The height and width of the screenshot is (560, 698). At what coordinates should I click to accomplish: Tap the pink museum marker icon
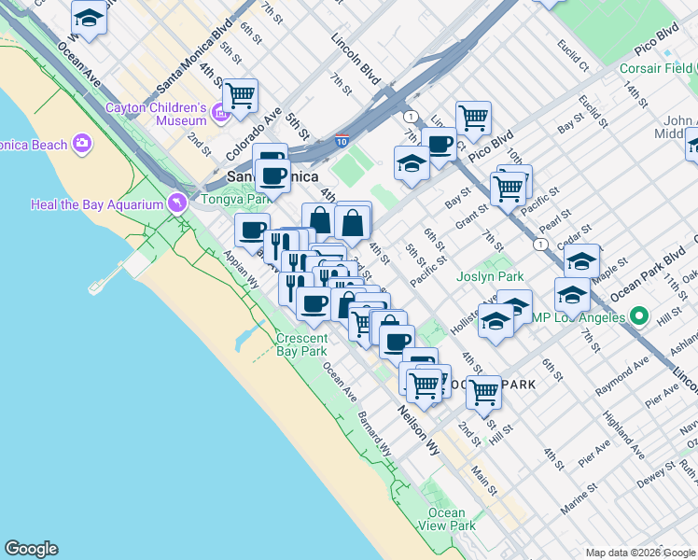(221, 114)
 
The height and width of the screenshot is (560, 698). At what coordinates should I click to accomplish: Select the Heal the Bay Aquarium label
(97, 204)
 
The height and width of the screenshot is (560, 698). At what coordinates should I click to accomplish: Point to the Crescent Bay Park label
(301, 344)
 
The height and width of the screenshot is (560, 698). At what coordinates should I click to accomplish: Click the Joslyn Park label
(490, 276)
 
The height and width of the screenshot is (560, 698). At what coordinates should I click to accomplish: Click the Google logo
(31, 549)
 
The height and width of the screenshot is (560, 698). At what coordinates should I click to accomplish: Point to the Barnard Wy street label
(374, 434)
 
